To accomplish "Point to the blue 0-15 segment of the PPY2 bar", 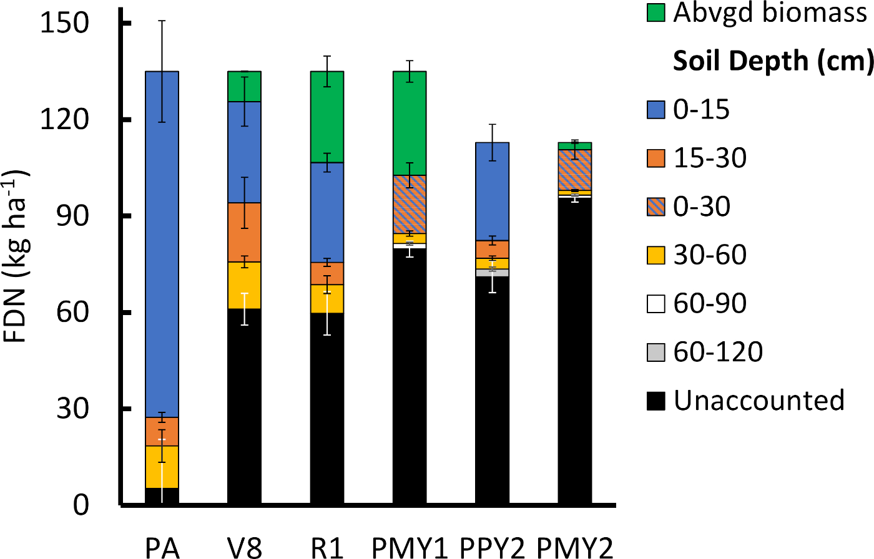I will pos(493,191).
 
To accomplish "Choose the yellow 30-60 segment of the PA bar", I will pos(162,467).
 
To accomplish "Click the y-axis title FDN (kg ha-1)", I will pos(19,256).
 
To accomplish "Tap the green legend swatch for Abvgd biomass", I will pos(655,13).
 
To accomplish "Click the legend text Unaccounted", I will pos(759,401).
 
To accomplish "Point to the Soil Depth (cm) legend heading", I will pos(772,61).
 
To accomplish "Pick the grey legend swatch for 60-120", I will pos(655,352).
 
